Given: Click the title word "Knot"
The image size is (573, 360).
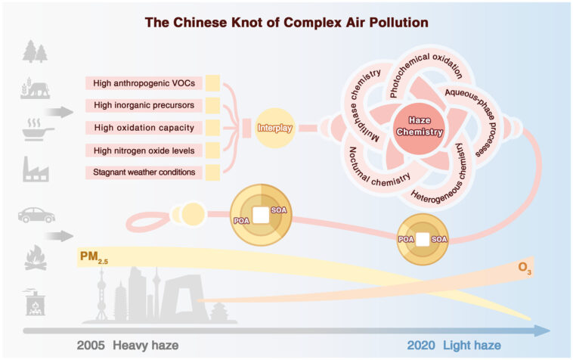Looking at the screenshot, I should (249, 23).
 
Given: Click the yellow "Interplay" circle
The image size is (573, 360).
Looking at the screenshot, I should (274, 127).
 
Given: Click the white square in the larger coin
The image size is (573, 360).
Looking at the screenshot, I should (261, 216).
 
